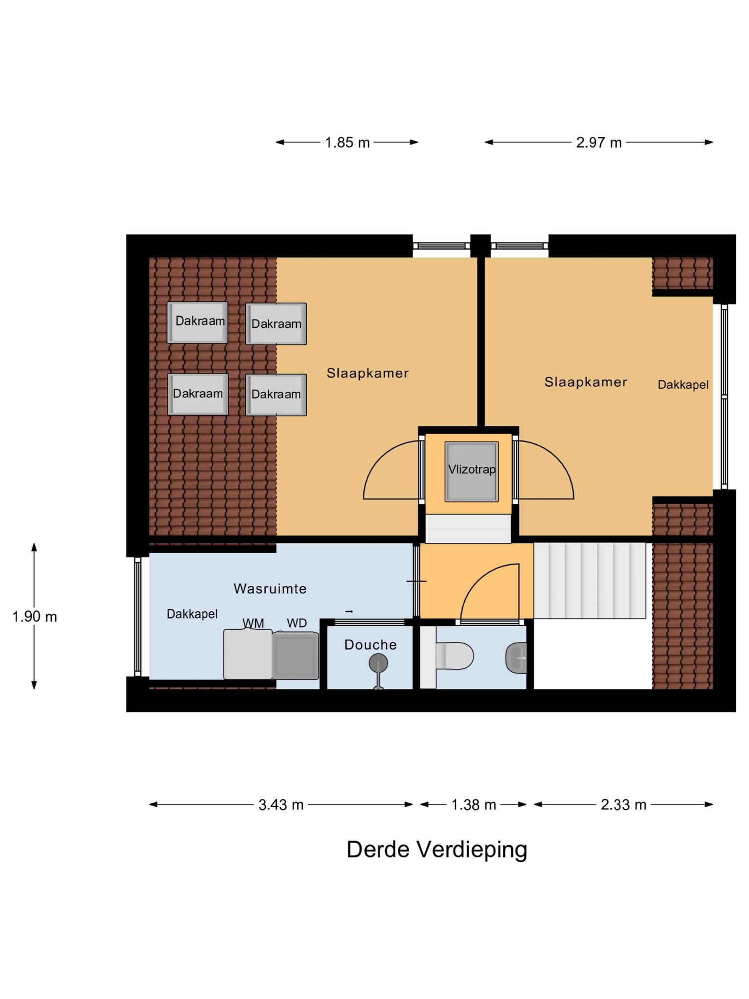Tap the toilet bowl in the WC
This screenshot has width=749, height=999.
[x=456, y=656]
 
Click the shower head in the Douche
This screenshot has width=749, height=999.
[x=378, y=663]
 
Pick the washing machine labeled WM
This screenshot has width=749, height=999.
[x=248, y=654]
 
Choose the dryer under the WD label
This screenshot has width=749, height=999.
[x=296, y=655]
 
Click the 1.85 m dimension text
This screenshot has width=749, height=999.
[x=347, y=143]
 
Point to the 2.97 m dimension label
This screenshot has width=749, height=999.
[x=598, y=143]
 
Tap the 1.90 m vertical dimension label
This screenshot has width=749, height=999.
[x=35, y=617]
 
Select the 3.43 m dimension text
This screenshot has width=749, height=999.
[x=281, y=804]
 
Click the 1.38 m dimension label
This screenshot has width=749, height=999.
[x=473, y=804]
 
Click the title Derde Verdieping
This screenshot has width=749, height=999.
[x=436, y=849]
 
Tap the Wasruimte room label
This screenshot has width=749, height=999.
[x=270, y=589]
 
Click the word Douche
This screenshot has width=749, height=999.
[x=370, y=645]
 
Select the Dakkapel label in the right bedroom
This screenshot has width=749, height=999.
[x=683, y=385]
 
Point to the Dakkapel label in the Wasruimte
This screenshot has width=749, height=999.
[x=192, y=614]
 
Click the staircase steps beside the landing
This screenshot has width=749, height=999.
[x=590, y=580]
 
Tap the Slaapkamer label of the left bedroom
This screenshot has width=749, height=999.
[x=367, y=374]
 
